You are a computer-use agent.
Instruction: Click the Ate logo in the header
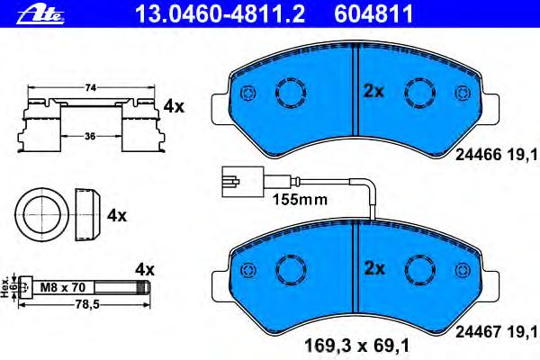(40, 15)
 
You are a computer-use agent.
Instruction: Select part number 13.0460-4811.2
(220, 14)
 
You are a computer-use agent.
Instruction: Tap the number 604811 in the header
(373, 14)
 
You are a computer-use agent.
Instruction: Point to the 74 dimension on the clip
(90, 88)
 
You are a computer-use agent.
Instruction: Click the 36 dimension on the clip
(90, 137)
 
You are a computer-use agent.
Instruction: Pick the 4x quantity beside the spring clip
(174, 107)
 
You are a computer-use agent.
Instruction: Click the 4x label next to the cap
(117, 216)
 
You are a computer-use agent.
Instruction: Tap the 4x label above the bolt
(145, 269)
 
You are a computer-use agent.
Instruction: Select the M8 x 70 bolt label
(63, 287)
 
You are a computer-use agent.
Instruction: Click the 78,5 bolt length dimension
(83, 304)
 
